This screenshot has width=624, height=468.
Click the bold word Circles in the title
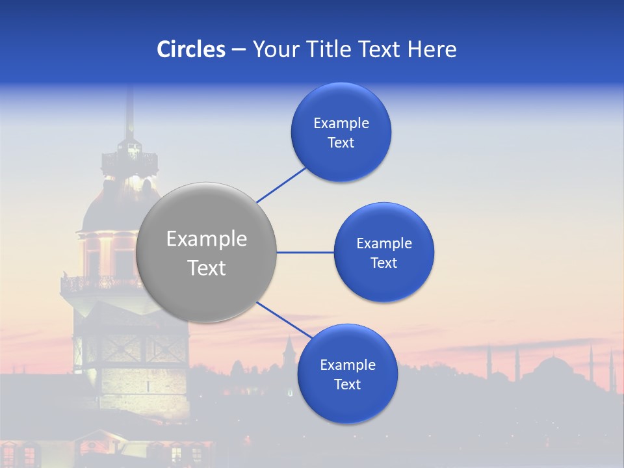click(190, 49)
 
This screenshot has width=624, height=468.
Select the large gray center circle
click(206, 252)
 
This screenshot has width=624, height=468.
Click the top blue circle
click(341, 132)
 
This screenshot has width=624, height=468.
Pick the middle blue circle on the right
click(383, 252)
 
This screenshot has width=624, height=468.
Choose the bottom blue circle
click(347, 374)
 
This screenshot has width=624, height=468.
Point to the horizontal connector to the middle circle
click(305, 252)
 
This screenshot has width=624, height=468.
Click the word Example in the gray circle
click(207, 239)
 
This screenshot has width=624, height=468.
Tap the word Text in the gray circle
click(207, 268)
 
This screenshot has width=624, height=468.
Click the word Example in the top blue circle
click(341, 123)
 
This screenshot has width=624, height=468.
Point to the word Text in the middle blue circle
click(383, 263)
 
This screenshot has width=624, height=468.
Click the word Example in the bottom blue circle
click(348, 365)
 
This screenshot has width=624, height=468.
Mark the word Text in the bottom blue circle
click(347, 384)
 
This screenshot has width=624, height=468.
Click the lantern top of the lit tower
click(130, 156)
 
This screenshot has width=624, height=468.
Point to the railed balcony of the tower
click(97, 283)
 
